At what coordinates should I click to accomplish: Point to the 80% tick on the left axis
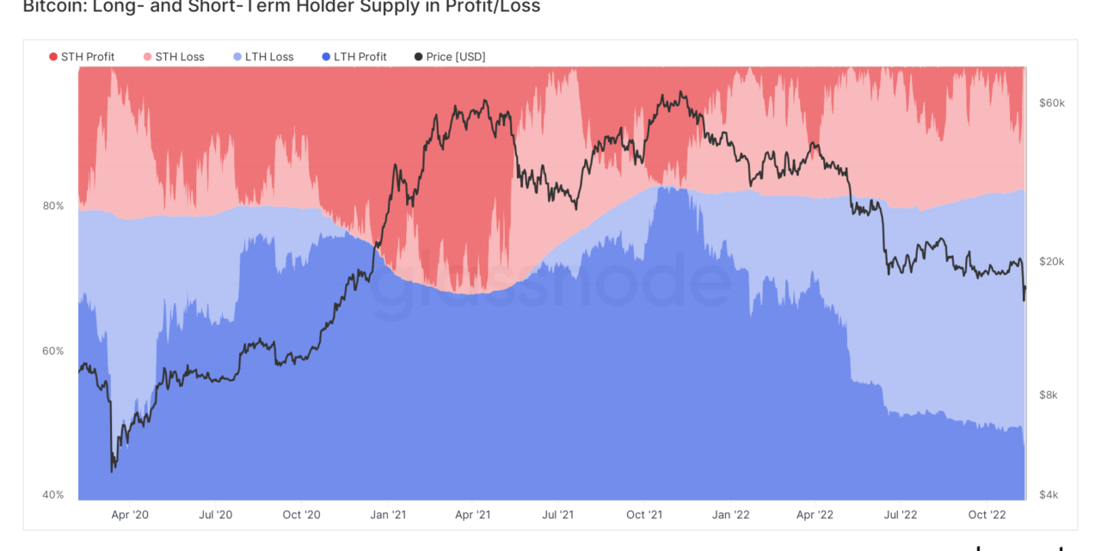53,206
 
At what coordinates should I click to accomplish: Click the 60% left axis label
53,350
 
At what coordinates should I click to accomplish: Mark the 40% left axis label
53,494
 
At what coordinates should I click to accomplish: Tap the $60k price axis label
1052,102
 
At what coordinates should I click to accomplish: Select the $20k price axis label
1052,262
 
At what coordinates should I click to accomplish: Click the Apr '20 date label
130,515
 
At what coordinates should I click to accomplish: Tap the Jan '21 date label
387,515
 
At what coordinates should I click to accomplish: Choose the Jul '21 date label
558,515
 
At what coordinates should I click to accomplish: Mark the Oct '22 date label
987,515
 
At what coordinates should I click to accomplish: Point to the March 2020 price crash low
113,471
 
